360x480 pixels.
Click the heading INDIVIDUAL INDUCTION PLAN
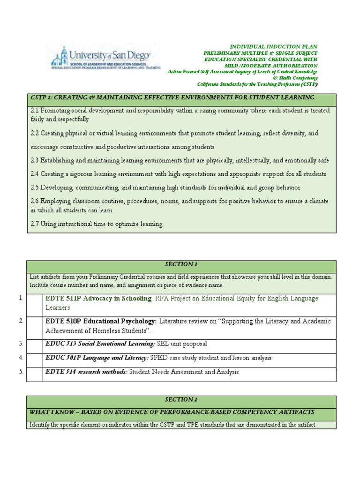point(273,47)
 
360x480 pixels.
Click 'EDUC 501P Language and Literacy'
point(97,358)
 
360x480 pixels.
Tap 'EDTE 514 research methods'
point(86,372)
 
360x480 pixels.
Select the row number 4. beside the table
point(21,358)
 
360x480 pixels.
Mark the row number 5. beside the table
point(21,372)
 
